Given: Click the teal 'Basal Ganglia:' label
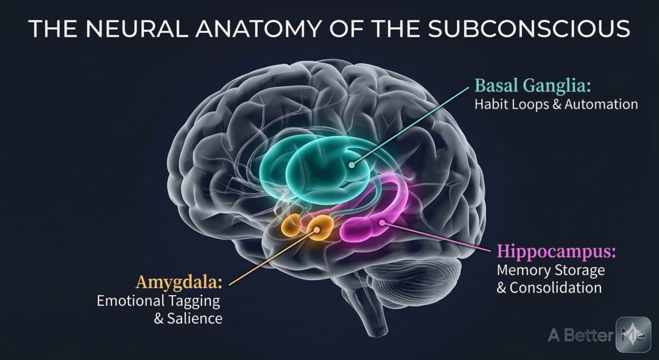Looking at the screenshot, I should (526, 86).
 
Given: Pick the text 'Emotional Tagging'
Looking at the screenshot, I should (158, 300).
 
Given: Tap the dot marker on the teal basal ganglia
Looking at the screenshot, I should (351, 165).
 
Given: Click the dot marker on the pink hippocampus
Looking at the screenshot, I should (383, 223).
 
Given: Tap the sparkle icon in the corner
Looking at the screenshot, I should (633, 334).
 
